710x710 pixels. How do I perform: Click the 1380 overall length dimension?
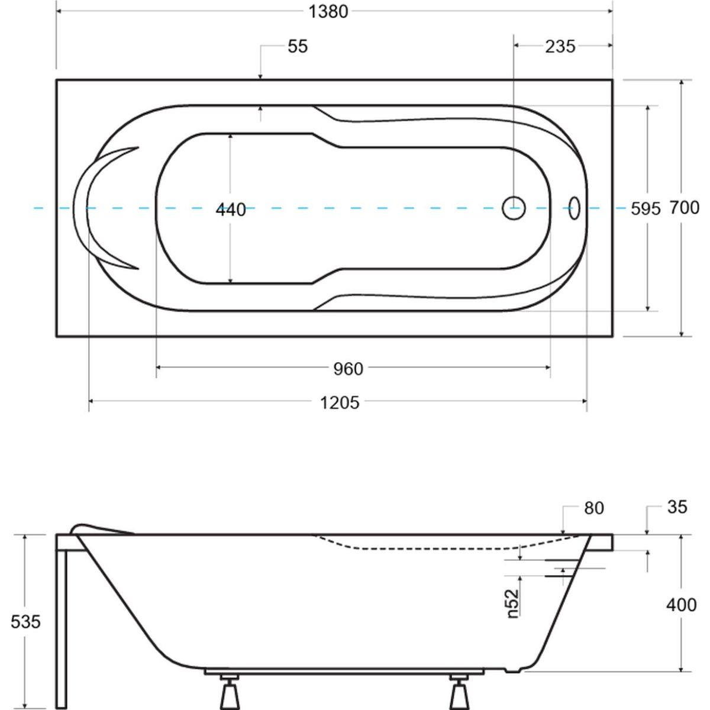tap(328, 12)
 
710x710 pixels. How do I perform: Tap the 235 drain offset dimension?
tap(560, 47)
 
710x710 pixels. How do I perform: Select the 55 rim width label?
tap(298, 47)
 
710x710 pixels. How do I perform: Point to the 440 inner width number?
tap(231, 210)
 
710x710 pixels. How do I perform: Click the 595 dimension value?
tap(646, 209)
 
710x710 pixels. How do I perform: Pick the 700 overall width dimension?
tap(685, 208)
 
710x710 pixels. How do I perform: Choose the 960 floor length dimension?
tap(348, 369)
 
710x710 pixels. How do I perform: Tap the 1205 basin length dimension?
tap(340, 403)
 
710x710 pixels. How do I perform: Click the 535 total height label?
tap(25, 622)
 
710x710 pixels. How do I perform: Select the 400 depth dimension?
tap(681, 605)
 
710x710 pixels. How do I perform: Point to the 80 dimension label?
tap(594, 508)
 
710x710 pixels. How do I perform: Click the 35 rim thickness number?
tap(677, 507)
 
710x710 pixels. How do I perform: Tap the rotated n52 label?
tap(513, 603)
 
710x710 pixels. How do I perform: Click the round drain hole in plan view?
tap(514, 208)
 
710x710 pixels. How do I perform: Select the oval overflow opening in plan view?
tap(575, 208)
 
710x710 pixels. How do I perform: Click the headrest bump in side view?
tap(102, 529)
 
